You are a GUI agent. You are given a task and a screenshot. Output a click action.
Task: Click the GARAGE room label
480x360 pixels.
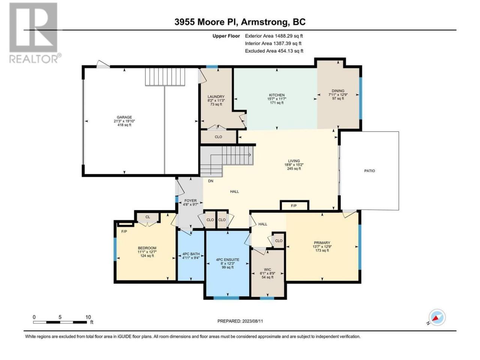tap(124, 117)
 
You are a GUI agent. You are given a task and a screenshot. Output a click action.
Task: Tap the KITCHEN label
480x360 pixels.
tap(277, 95)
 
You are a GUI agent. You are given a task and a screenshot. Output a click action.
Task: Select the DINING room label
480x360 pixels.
tap(338, 91)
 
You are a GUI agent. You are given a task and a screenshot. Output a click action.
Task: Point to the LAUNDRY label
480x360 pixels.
tap(216, 97)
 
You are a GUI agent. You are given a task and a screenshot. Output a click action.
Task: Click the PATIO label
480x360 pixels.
tap(369, 171)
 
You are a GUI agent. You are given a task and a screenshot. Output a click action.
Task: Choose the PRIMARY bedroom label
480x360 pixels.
tap(322, 243)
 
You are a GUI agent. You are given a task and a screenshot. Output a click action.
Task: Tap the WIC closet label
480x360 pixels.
tap(267, 270)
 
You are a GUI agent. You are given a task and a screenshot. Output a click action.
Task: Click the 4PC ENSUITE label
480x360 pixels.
tap(227, 259)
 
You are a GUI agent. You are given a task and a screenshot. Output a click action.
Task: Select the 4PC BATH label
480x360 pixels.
tap(191, 254)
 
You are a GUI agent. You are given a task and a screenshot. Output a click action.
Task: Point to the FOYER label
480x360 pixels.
tap(190, 200)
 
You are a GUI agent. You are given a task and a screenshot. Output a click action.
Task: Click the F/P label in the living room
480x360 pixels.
tap(294, 205)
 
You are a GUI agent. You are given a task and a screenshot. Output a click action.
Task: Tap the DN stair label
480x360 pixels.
tap(210, 181)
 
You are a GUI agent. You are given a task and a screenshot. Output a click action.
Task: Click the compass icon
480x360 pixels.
tap(437, 317)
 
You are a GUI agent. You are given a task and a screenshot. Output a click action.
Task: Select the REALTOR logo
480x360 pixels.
tap(34, 33)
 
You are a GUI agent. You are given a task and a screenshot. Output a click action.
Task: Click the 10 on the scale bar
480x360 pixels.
tap(88, 317)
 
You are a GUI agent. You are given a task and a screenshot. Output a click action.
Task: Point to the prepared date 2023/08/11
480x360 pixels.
tap(252, 321)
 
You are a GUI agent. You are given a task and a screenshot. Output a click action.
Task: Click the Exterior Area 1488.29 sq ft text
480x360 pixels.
tap(274, 36)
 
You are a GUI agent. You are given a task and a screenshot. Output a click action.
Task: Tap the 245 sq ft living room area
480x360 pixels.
tap(294, 168)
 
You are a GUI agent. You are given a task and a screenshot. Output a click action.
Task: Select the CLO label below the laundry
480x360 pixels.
tap(218, 137)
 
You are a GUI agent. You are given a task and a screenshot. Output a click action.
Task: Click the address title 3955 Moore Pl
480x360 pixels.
tap(206, 22)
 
